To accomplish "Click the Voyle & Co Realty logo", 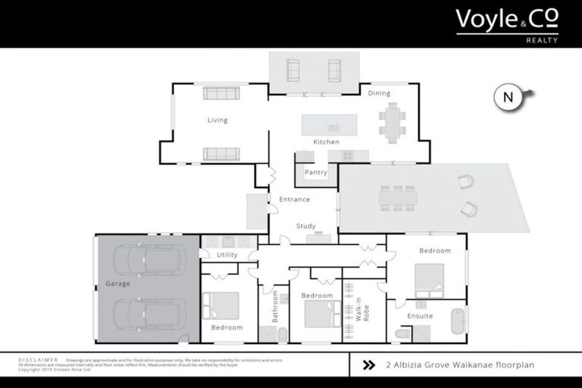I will (x=506, y=24).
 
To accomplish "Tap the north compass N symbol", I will (x=508, y=97).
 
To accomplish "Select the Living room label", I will (x=217, y=120).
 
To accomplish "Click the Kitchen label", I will (x=327, y=142).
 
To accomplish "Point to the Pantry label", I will (x=315, y=172).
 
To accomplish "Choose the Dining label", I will (x=379, y=93).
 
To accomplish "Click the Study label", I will (x=305, y=226).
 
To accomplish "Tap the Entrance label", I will (x=294, y=199).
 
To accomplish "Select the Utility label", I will (x=227, y=255).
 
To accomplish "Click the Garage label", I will (x=117, y=283).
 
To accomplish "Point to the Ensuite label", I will (x=420, y=315).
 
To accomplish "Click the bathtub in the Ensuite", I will (x=457, y=323).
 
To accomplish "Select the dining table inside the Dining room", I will (x=392, y=123).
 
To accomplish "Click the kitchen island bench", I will (x=329, y=124).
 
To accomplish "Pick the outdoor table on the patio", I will (x=399, y=199).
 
